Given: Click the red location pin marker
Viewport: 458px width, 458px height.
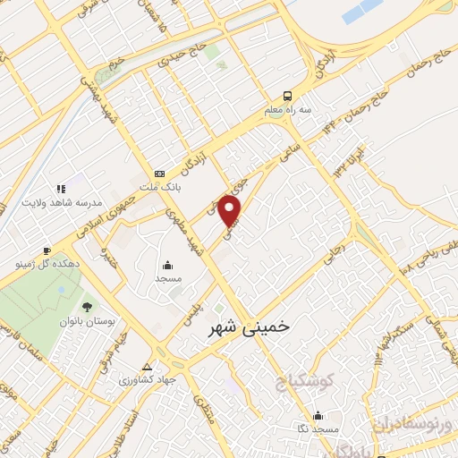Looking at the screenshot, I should point(231,211).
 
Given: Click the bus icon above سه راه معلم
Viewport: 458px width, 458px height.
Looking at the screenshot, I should point(287,96).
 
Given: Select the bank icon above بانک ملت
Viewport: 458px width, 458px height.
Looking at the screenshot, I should point(159,174).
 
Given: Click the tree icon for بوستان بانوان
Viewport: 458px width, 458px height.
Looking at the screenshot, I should point(87,308).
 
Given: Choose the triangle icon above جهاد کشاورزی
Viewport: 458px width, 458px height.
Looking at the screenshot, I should point(148,368).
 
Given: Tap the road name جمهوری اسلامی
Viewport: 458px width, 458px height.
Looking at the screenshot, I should point(121,203).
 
